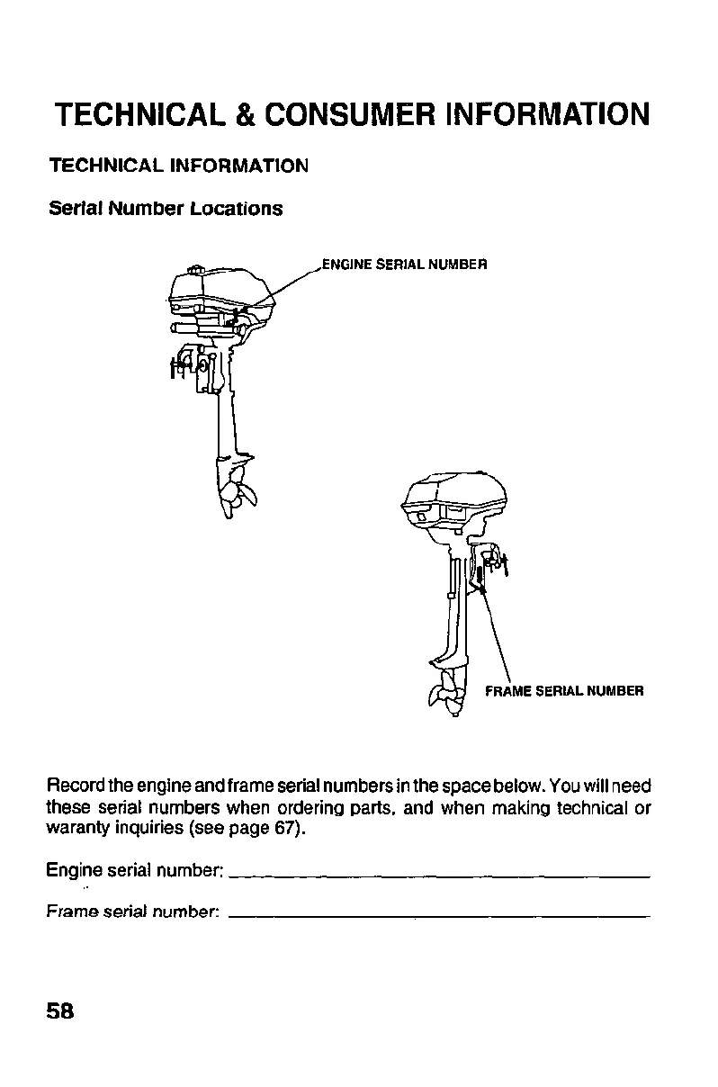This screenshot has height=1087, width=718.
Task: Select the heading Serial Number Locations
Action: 165,209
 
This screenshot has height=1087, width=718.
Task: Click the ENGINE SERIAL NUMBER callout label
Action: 404,265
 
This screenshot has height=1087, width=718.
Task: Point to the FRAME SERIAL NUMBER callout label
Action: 564,691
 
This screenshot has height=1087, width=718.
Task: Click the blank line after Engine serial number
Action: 441,875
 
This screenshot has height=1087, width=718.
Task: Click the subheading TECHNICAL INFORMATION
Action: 179,166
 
